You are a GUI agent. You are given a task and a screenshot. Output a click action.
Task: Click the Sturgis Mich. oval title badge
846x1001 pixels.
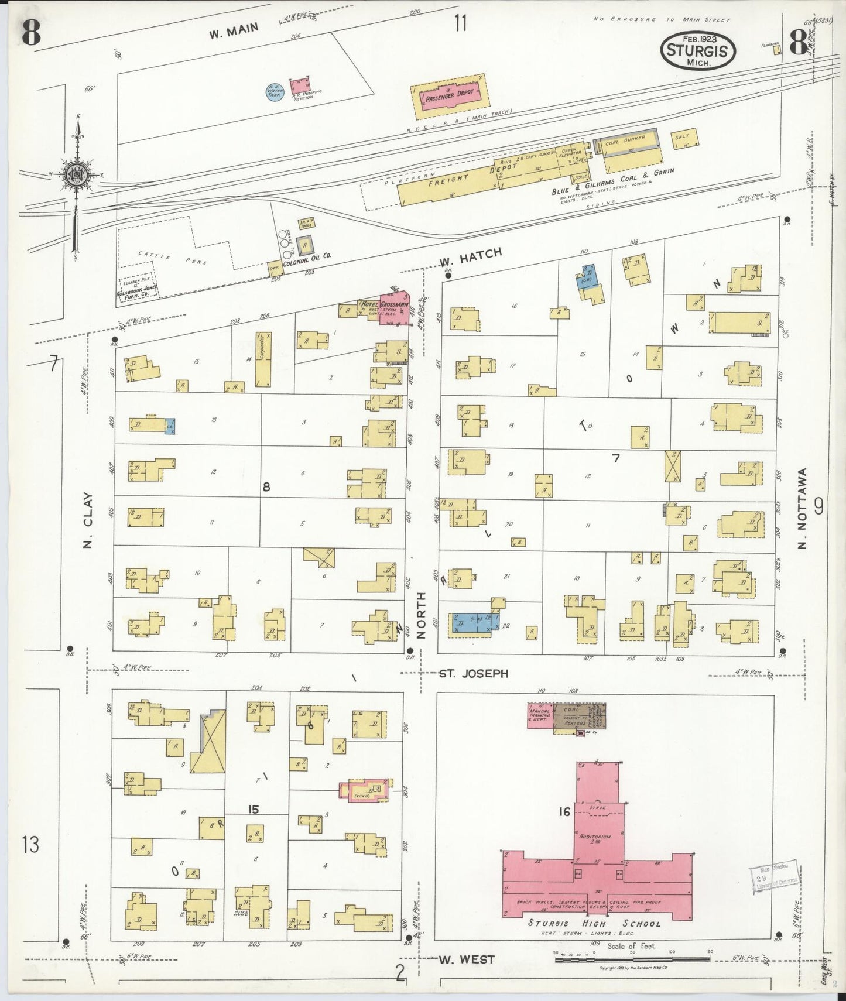pos(698,50)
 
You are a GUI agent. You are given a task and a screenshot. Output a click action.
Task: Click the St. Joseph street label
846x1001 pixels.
pos(473,673)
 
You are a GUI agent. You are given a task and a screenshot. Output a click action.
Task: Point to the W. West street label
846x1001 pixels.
pos(467,959)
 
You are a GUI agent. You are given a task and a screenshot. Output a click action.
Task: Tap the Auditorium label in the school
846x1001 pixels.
pos(595,837)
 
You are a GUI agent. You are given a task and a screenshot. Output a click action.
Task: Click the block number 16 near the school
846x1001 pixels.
pos(564,811)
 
